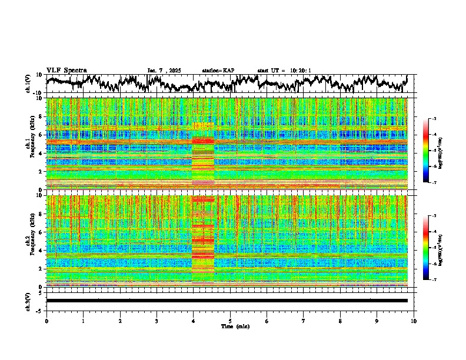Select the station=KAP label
pos(218,71)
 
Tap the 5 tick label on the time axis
pos(230,321)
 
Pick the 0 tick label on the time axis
pos(46,321)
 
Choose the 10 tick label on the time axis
pos(414,321)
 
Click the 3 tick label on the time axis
pos(157,321)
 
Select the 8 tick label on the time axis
pos(340,321)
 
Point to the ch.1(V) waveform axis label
pos(28,84)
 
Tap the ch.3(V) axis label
pos(28,301)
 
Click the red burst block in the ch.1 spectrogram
pos(203,159)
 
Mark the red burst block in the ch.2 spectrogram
pos(203,241)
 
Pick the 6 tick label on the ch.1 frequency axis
pos(42,135)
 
